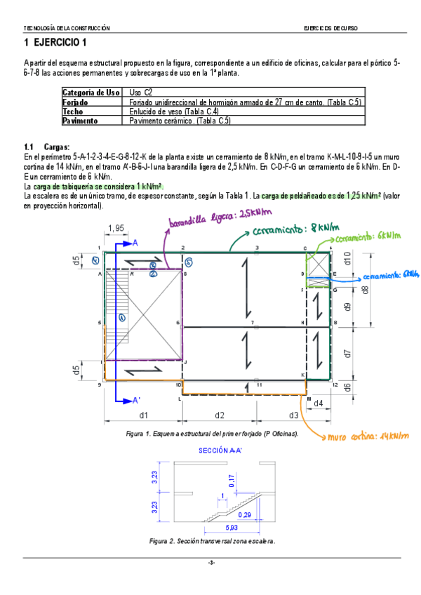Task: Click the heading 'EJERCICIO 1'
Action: coord(56,43)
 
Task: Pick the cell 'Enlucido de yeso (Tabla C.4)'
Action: coord(174,112)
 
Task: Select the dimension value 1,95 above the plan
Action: coord(116,227)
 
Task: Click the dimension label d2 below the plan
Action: coord(220,415)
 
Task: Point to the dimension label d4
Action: coord(318,403)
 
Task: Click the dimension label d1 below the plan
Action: coord(143,415)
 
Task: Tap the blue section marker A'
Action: coord(137,400)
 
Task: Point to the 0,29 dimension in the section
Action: coord(245,514)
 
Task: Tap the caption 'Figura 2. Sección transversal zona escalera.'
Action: coord(213,541)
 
